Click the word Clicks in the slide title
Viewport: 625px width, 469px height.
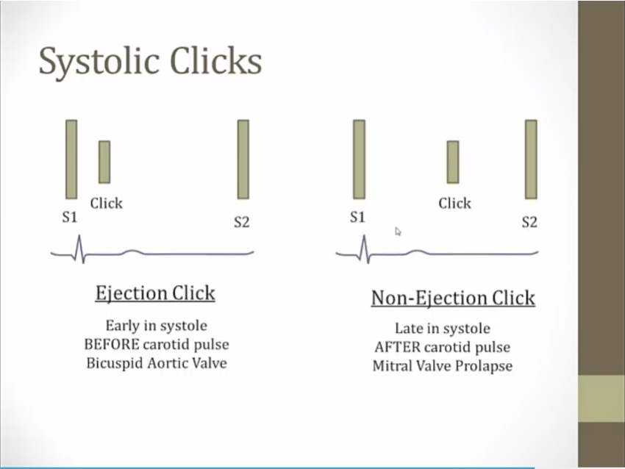click(x=216, y=60)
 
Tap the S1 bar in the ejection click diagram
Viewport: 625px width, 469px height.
click(x=71, y=159)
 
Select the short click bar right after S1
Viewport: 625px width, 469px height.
click(x=104, y=162)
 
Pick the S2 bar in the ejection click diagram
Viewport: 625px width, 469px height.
click(x=243, y=159)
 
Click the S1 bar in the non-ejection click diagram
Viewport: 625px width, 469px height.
click(x=359, y=159)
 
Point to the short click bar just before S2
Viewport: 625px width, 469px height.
click(x=453, y=162)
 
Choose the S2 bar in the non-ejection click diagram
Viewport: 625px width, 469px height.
click(x=531, y=159)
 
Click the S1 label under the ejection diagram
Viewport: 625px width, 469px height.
click(x=69, y=217)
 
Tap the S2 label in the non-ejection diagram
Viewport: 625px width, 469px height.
click(x=529, y=222)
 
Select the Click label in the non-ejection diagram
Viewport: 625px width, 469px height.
click(x=455, y=203)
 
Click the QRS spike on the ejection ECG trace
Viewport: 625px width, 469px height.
click(x=79, y=249)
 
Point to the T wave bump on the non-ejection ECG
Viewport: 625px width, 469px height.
click(x=417, y=252)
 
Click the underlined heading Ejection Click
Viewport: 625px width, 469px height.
click(x=155, y=293)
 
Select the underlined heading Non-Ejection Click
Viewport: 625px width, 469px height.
click(x=453, y=298)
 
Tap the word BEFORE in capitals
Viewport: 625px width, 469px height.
click(x=112, y=344)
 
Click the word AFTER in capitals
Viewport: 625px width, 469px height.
click(x=397, y=347)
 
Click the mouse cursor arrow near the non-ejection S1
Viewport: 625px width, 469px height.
click(x=398, y=232)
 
